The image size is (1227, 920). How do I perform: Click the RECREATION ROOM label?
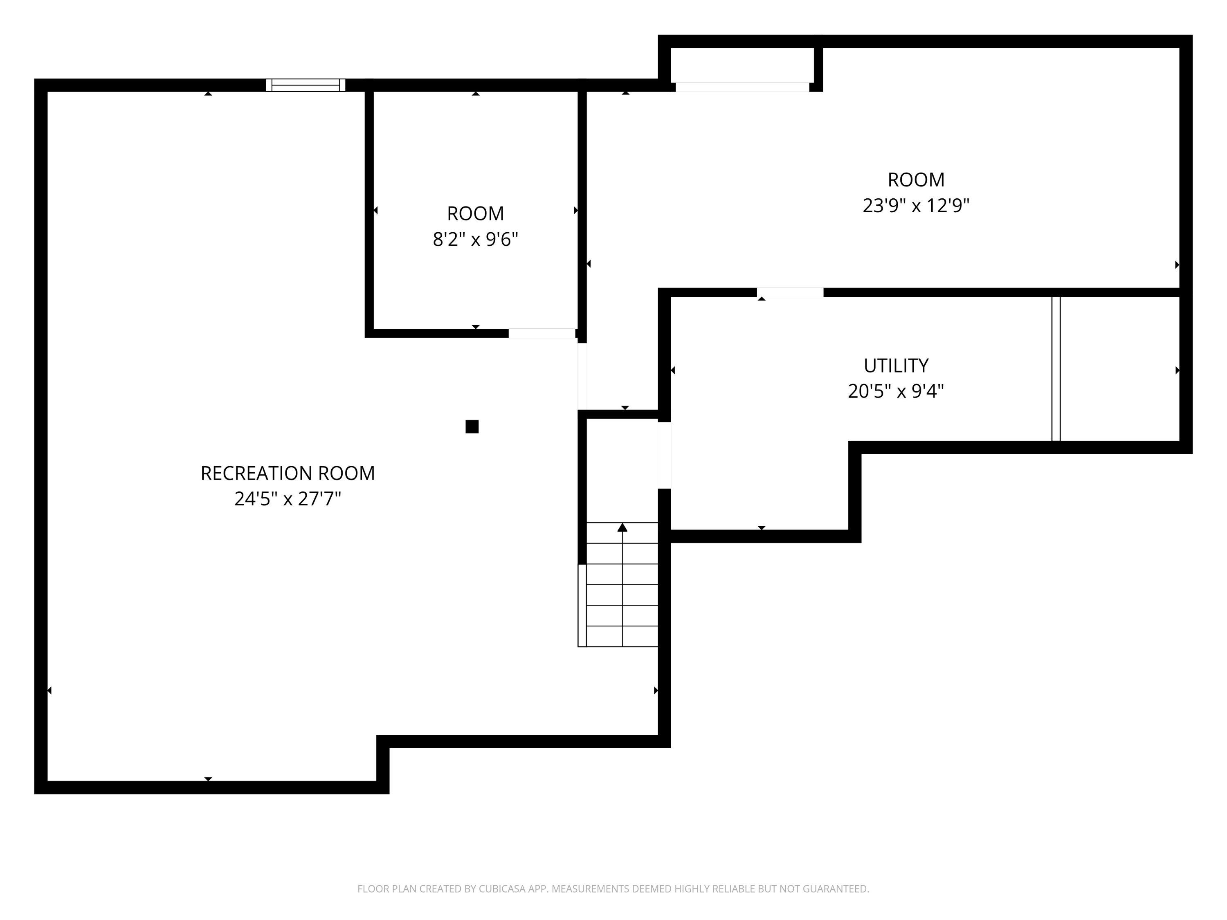pos(288,473)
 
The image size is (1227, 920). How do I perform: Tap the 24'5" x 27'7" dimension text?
pos(288,499)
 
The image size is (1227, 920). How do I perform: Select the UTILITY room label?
pos(896,366)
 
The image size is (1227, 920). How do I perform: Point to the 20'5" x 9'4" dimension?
pos(896,392)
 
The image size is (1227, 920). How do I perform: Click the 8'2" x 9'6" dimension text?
pos(475,240)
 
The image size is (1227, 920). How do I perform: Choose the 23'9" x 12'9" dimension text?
pos(916,206)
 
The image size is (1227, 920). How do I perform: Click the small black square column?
pos(472,426)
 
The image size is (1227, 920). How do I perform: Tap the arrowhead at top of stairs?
pos(622,527)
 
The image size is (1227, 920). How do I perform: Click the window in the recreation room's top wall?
pos(306,85)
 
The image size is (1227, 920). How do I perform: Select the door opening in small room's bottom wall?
pos(542,333)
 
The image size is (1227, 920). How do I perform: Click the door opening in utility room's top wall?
pos(790,292)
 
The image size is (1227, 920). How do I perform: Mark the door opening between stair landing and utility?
pos(665,455)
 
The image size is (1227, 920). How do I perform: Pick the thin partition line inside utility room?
pos(1056,369)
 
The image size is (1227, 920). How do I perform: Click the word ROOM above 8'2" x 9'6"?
pos(475,213)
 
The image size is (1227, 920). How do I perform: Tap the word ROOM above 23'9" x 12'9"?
pos(916,180)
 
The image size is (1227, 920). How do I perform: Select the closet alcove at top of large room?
pos(742,65)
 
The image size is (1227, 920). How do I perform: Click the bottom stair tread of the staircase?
pos(622,637)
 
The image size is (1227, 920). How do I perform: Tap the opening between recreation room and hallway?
pos(582,377)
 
